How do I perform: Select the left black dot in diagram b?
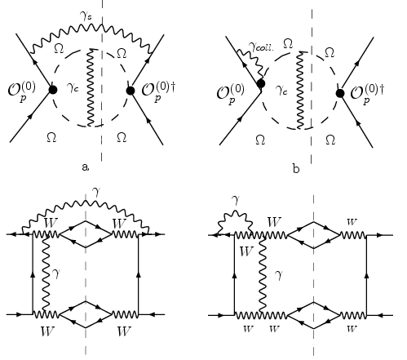point(261,84)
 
